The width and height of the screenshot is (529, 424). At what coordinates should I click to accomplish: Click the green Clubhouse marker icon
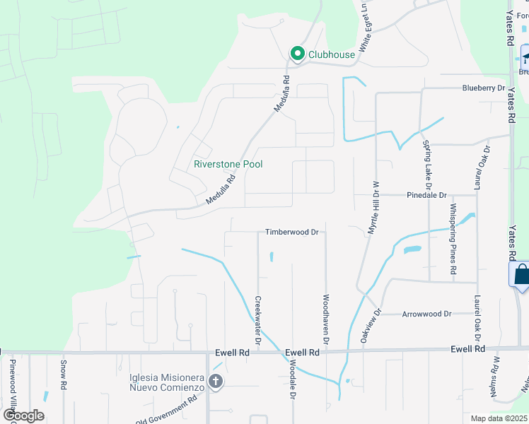pos(297,54)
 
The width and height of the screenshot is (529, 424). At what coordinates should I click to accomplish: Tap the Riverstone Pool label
pos(228,164)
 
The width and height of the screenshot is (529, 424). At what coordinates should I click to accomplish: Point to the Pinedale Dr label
pos(426,195)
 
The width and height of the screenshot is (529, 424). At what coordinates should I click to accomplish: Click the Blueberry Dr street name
pos(484,88)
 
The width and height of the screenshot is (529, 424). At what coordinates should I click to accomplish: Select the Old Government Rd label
pos(166,412)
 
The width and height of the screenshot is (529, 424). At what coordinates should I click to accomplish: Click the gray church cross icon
pos(216,382)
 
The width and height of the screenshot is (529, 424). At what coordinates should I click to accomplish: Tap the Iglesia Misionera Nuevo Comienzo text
pos(167,382)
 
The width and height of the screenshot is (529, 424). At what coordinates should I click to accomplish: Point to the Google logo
pos(23,416)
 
